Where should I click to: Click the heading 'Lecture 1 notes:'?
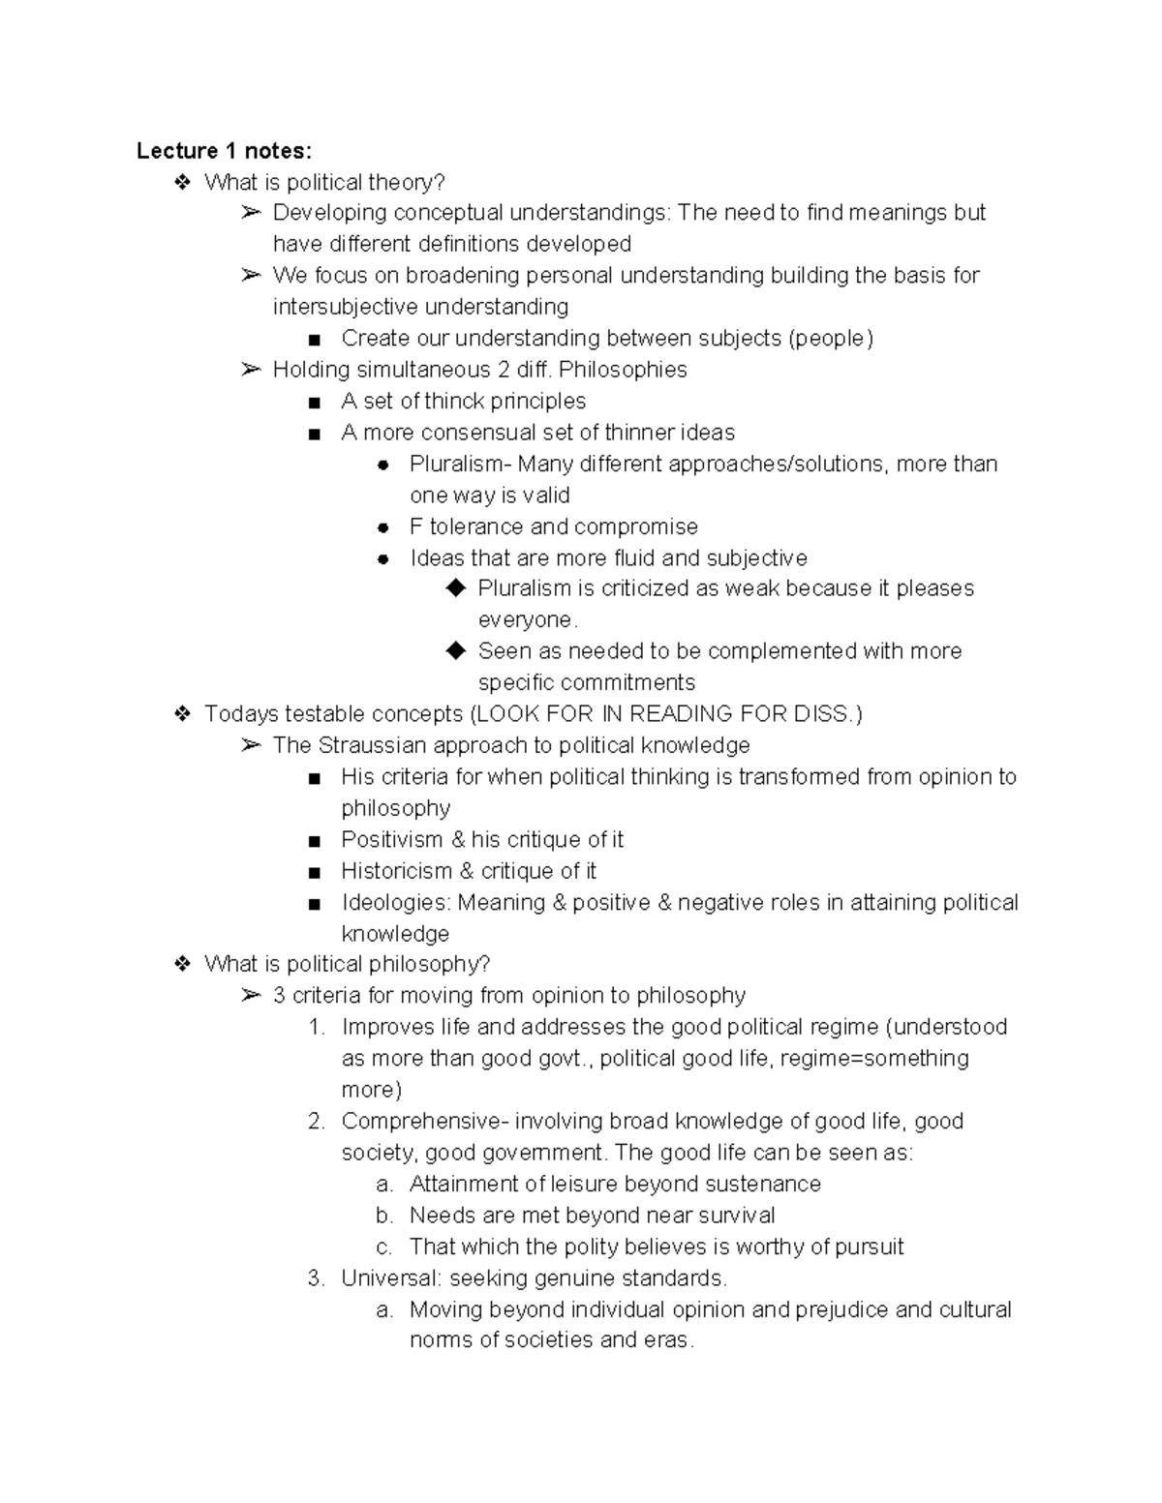tap(224, 151)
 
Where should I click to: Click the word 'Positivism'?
tap(391, 840)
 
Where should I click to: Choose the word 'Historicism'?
tap(396, 871)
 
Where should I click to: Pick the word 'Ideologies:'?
tap(395, 903)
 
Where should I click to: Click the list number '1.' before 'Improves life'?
tap(317, 1028)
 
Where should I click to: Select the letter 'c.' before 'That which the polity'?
tap(384, 1247)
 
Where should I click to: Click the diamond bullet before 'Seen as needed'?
tap(456, 651)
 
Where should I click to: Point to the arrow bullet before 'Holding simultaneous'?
tap(251, 370)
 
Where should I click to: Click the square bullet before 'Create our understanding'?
tap(313, 340)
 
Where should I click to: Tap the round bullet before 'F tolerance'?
tap(383, 527)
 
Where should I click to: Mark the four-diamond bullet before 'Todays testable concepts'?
tap(181, 714)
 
